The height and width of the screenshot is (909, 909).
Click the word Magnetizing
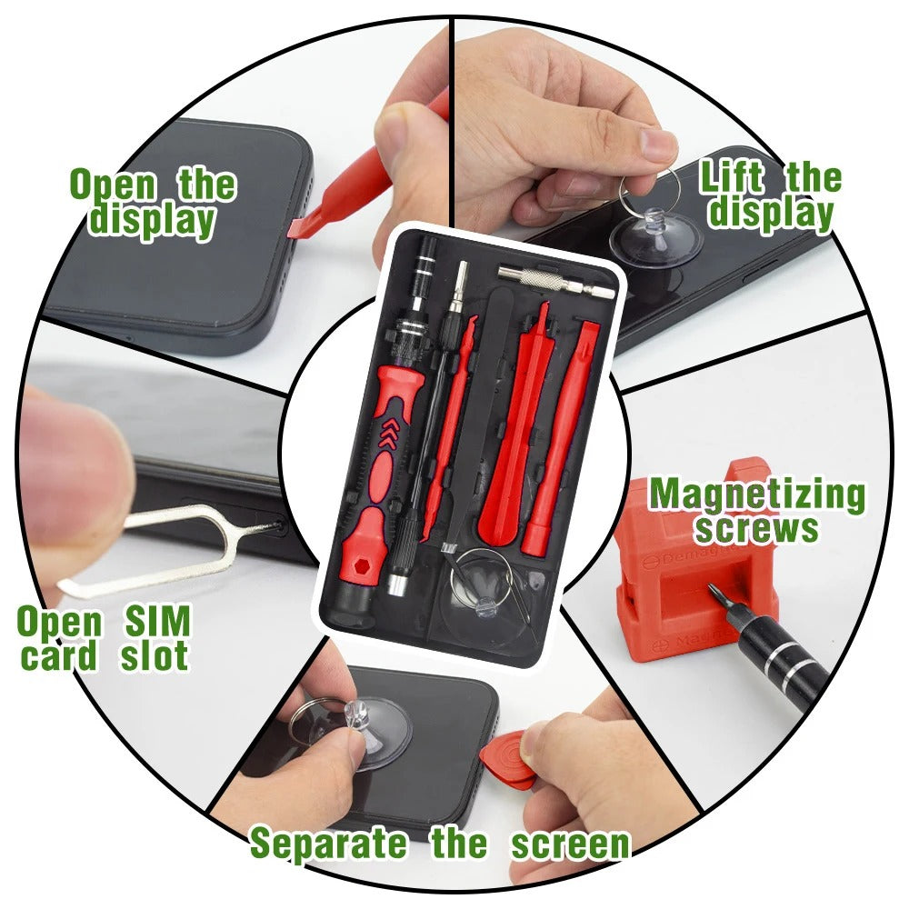[756, 496]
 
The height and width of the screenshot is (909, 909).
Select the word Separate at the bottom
[328, 844]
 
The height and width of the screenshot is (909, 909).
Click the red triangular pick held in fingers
[505, 759]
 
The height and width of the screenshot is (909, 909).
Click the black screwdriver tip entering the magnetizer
[773, 650]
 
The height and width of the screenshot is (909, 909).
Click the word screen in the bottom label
[570, 844]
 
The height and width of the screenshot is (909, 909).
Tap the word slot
[155, 656]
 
